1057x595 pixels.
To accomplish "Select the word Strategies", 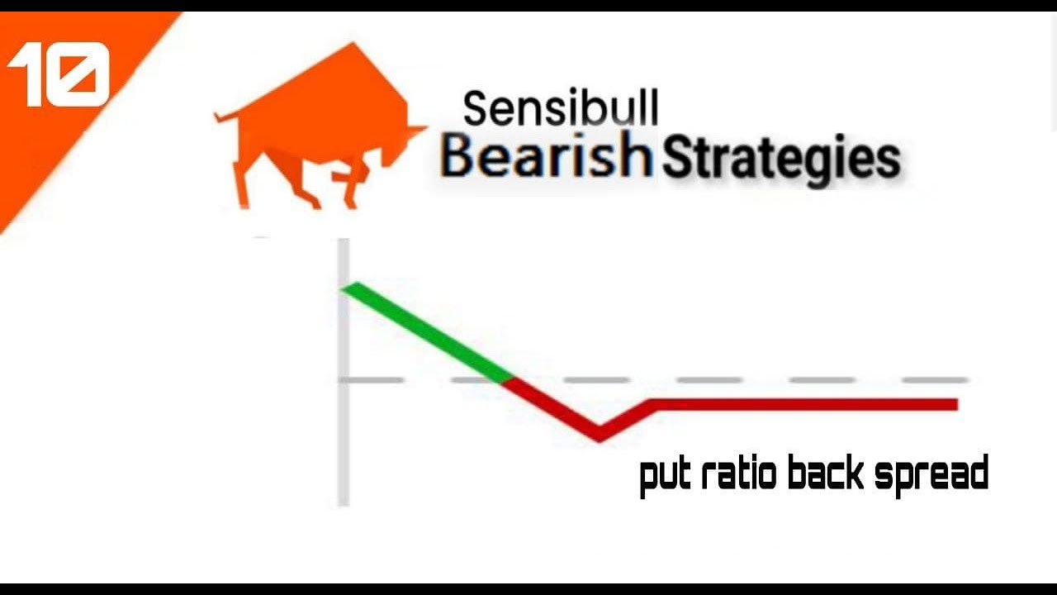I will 780,159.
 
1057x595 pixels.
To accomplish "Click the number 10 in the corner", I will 58,74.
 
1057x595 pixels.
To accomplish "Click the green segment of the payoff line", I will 425,331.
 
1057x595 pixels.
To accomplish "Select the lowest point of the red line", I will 600,435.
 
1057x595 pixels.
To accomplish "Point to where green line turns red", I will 509,379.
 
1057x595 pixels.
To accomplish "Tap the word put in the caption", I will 666,475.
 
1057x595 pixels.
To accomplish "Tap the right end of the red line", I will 955,404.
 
